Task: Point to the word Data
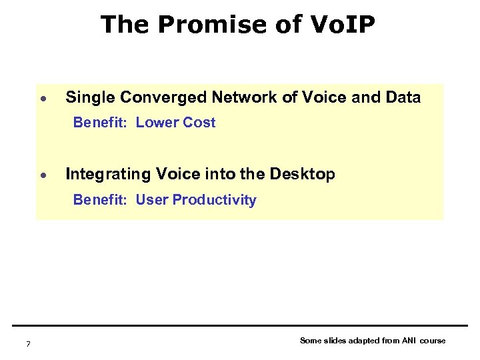(x=403, y=98)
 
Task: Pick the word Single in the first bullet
(x=91, y=98)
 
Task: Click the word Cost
(x=199, y=123)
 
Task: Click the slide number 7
(x=27, y=344)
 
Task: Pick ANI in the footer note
(x=408, y=341)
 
